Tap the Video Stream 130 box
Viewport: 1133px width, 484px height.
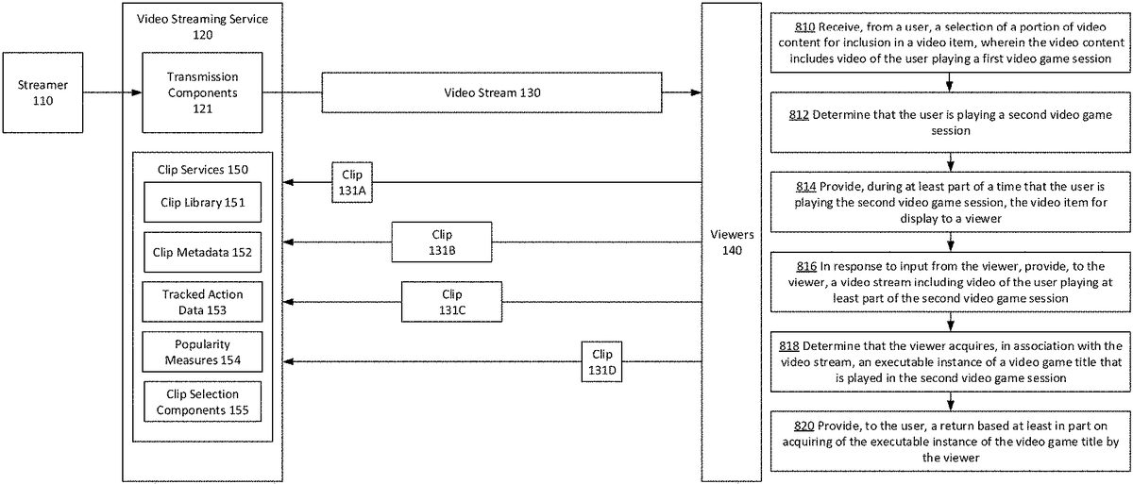[492, 92]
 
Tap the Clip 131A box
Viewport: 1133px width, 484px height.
[352, 181]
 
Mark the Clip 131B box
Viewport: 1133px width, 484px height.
[442, 242]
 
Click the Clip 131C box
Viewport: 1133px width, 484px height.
[451, 301]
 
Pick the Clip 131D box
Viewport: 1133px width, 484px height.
[602, 361]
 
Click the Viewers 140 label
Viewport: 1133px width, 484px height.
[726, 242]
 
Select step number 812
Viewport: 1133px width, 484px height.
[798, 115]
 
